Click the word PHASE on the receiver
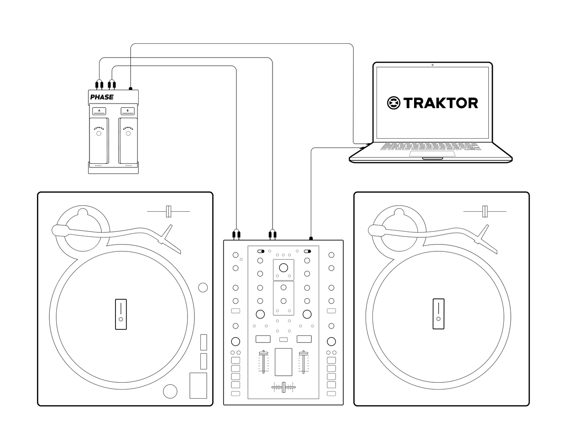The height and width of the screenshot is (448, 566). [102, 97]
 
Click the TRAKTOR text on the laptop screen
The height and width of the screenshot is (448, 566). [440, 103]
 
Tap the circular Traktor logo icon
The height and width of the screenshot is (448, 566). [393, 103]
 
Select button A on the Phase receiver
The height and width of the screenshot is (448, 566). [99, 111]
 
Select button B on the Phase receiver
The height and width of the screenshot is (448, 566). [127, 111]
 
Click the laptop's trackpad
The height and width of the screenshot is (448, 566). [432, 154]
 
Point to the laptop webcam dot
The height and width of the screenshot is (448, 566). [432, 65]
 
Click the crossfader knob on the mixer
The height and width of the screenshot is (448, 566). [283, 387]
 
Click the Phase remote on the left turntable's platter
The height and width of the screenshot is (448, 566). [121, 314]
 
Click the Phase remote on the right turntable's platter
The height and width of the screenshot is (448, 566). [439, 314]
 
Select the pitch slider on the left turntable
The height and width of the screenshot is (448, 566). [168, 211]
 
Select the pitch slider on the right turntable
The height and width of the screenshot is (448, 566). [485, 211]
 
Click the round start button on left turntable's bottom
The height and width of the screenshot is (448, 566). [170, 391]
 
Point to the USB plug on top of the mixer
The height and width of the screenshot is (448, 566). [311, 239]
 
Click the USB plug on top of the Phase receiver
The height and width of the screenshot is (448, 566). [131, 89]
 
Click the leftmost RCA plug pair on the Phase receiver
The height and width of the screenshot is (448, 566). [99, 85]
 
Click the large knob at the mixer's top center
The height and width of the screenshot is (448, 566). [283, 268]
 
